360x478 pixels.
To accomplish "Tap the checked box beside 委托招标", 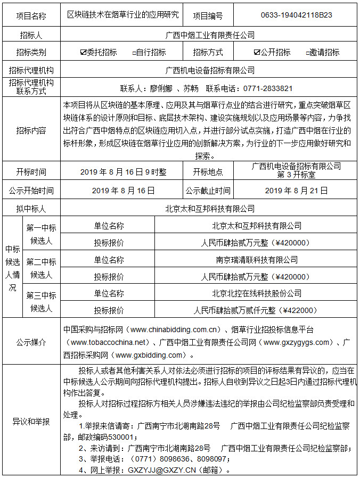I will pos(83,52).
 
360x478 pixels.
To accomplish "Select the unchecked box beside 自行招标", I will pos(134,53).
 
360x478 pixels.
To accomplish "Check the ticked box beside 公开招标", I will pos(257,52).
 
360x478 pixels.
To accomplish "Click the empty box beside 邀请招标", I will pos(307,53).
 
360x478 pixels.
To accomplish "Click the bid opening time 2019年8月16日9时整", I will pos(123,172).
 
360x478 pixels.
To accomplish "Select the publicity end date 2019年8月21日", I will pos(297,190).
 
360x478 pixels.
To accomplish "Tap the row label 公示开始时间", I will pos(31,190).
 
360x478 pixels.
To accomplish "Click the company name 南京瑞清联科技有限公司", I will pos(257,260).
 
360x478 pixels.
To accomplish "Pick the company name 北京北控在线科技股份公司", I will pos(257,293).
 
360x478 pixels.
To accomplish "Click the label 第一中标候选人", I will pos(41,234).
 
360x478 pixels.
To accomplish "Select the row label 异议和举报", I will pos(31,422).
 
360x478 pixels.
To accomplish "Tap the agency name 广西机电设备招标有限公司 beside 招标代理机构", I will pos(210,70).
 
